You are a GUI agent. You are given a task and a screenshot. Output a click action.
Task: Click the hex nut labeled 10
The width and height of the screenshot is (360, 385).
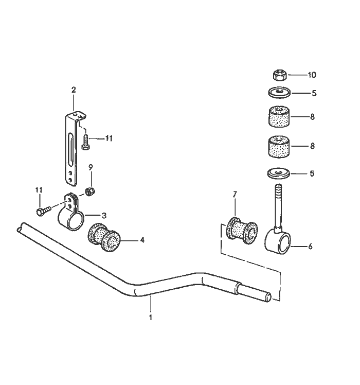tap(279, 75)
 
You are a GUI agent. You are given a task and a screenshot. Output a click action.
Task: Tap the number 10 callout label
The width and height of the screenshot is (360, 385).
tap(312, 75)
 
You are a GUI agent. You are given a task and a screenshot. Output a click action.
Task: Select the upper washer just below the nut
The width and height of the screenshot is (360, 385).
tap(279, 93)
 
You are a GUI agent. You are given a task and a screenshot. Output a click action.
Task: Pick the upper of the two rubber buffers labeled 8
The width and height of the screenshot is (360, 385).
tap(279, 117)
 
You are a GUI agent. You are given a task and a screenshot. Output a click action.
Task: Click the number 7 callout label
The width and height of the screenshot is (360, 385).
tap(235, 195)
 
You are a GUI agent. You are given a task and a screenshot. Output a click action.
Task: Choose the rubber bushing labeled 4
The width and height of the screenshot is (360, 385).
tap(105, 237)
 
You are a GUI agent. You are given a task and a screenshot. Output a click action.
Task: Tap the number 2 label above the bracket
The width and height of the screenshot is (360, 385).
tap(74, 90)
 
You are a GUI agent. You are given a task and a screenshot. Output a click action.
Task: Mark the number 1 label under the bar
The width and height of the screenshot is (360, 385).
tap(151, 318)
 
